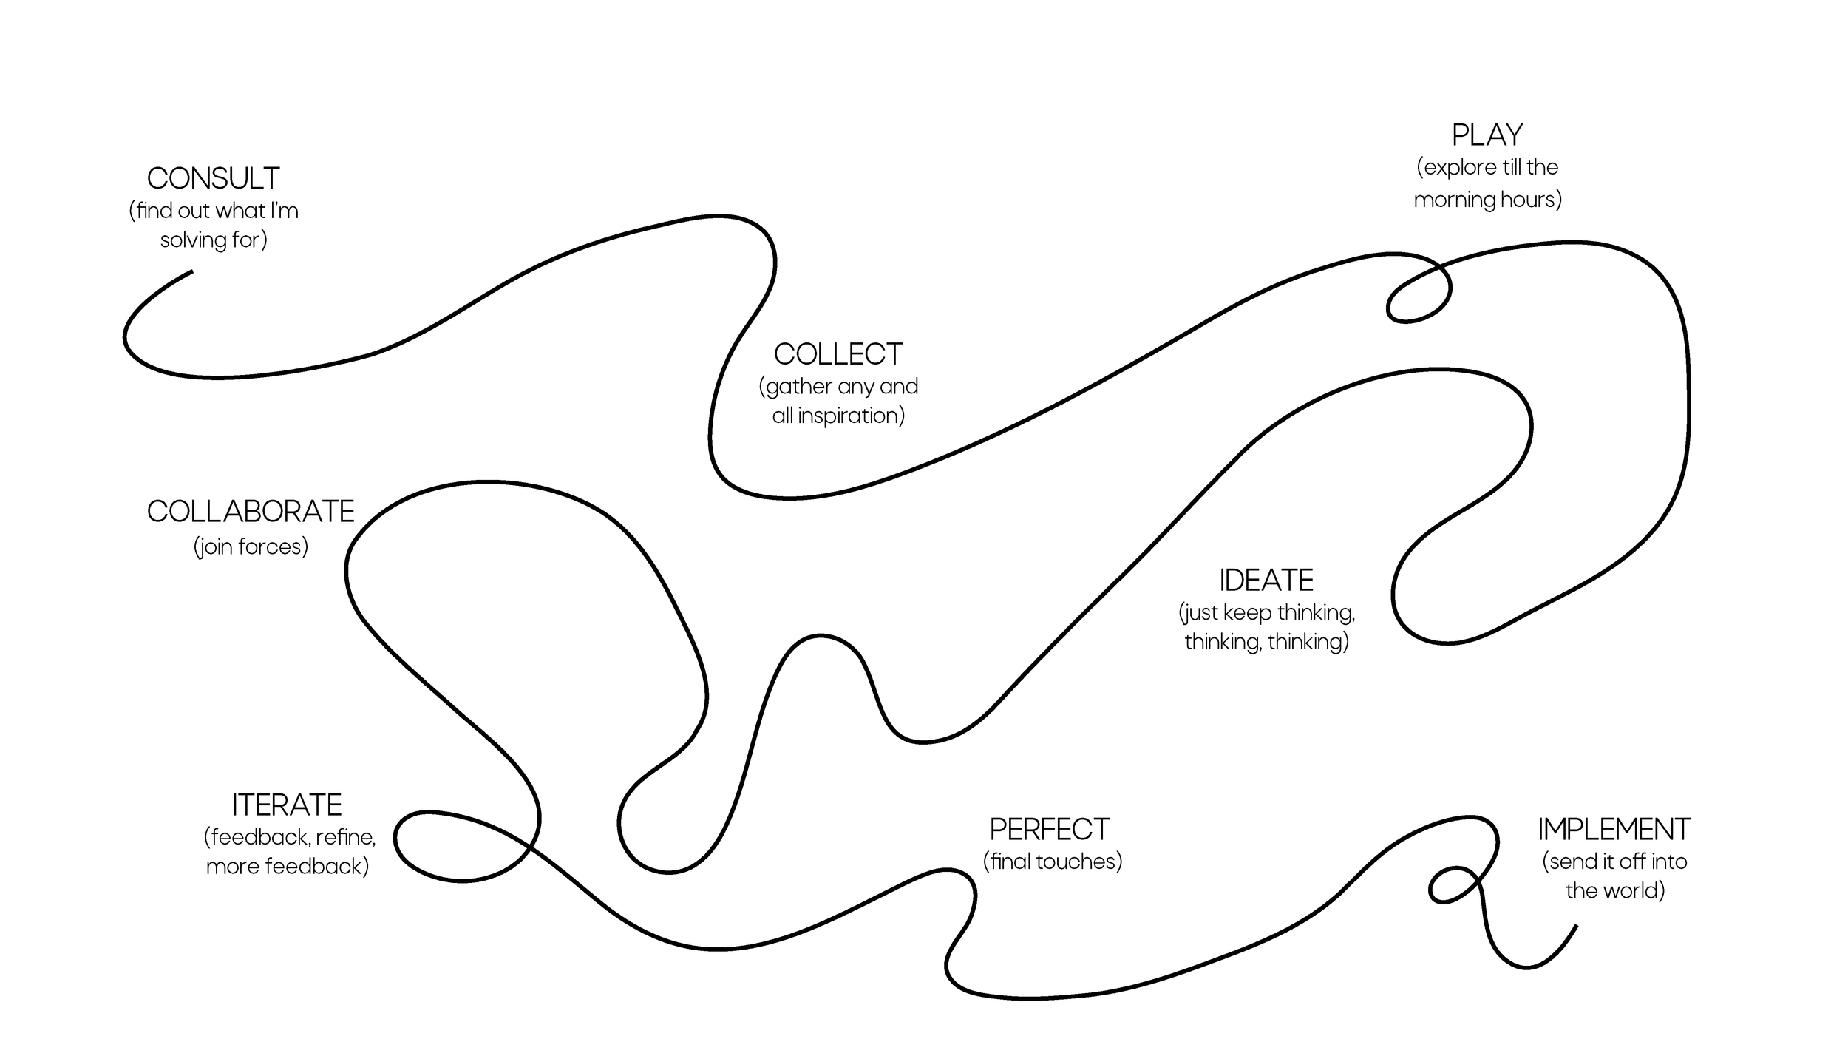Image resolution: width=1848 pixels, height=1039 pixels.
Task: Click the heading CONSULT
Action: click(x=213, y=178)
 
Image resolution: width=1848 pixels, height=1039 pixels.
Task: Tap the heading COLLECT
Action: click(x=838, y=354)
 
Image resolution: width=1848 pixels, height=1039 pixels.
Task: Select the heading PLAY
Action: click(x=1487, y=135)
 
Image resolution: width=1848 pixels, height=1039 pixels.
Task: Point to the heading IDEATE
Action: click(x=1266, y=581)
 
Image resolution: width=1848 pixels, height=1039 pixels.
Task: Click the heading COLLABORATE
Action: click(x=251, y=512)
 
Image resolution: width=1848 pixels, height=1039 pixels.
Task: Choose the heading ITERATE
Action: click(x=287, y=805)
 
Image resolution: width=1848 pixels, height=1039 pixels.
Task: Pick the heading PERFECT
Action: click(x=1050, y=830)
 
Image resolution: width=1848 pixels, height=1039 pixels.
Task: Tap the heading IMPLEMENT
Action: click(x=1614, y=830)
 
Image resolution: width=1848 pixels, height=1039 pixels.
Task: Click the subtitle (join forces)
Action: click(x=251, y=546)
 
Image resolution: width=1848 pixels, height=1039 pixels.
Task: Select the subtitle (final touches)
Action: click(x=1053, y=862)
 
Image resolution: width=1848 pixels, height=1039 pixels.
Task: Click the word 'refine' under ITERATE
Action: click(x=345, y=837)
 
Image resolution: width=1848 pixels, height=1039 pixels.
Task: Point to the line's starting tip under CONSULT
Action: click(x=191, y=271)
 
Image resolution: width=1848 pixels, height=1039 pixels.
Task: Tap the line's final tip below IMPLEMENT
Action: click(x=1577, y=926)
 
